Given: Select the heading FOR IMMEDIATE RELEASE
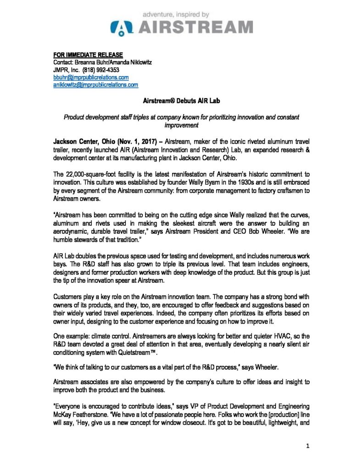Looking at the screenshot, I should pos(88,55).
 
